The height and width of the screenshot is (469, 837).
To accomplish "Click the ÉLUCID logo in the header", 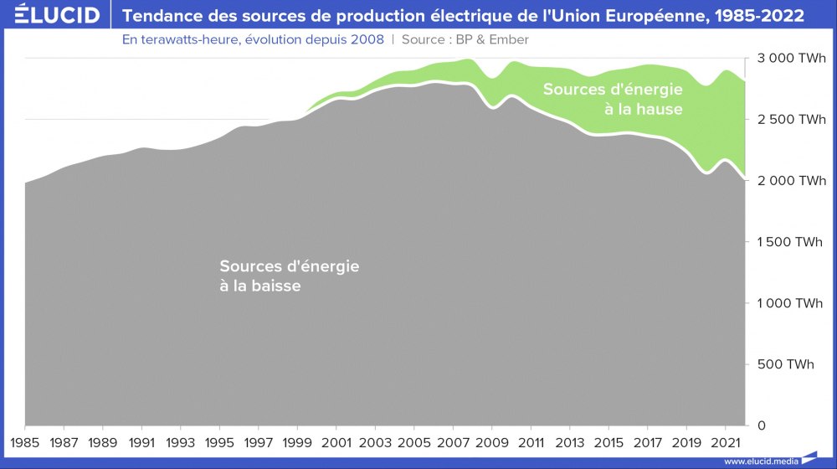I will click(x=51, y=16).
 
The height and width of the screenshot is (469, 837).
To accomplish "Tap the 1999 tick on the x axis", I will click(x=297, y=442).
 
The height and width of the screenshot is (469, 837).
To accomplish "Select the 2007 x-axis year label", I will click(x=453, y=442).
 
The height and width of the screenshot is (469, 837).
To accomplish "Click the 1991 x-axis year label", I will click(x=141, y=442).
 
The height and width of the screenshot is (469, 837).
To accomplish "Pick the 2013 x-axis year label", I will click(x=569, y=442).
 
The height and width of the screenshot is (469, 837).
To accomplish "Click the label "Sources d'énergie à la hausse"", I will click(x=613, y=99).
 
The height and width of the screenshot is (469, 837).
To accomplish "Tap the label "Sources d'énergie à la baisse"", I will click(x=290, y=276).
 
